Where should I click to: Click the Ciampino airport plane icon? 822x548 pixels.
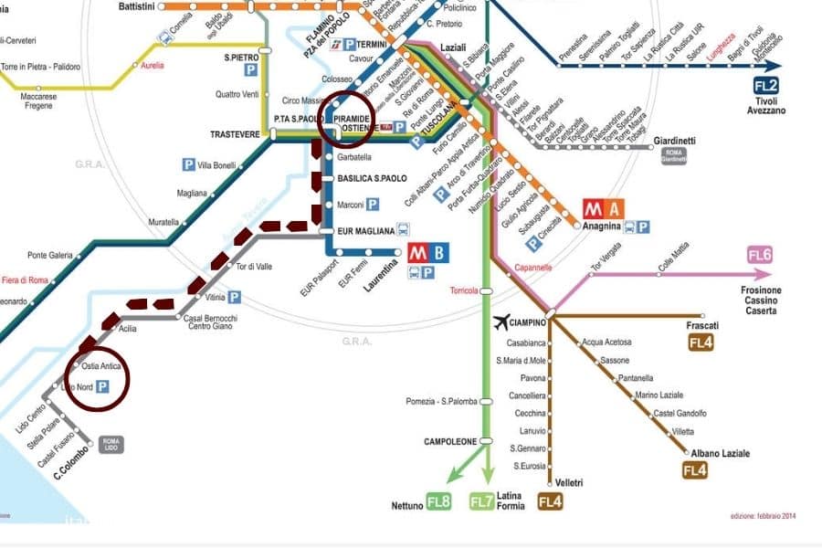(501, 321)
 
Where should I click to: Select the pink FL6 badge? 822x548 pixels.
(760, 255)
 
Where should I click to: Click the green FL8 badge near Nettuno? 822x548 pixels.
(439, 501)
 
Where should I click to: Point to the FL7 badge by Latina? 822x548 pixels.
(481, 501)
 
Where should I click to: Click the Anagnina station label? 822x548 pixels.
(603, 227)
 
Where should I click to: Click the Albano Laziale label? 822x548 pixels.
(722, 453)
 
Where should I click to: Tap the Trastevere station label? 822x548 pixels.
(236, 134)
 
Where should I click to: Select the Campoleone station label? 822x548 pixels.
(450, 441)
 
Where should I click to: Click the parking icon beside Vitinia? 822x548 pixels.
(235, 297)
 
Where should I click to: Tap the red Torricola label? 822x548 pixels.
(464, 290)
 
